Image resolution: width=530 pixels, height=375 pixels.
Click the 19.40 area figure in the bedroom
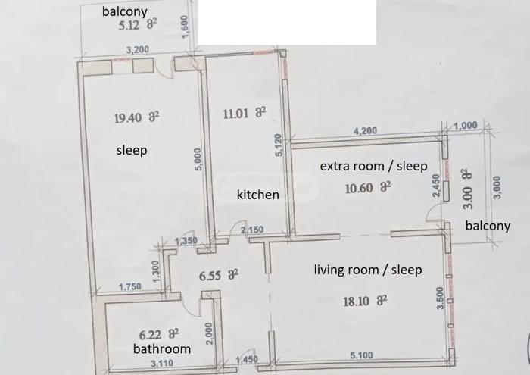(128, 118)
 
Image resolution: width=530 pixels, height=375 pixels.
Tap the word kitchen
(258, 195)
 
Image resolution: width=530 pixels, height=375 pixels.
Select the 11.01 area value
(235, 114)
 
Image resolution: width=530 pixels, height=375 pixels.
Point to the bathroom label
(162, 348)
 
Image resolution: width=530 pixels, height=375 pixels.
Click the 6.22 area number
(151, 335)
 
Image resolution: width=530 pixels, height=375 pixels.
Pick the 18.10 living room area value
(357, 301)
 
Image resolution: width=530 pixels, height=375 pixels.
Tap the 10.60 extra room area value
(359, 188)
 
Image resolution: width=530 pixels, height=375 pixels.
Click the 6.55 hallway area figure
(210, 276)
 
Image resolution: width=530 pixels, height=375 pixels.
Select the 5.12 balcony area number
(129, 25)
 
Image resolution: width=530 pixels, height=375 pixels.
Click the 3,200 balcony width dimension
(138, 50)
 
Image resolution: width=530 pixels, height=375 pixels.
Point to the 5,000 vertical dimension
(198, 159)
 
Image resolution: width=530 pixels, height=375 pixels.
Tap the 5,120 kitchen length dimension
(278, 145)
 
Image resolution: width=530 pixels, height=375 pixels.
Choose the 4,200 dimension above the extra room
(365, 130)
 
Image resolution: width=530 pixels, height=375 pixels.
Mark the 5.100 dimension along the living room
(361, 355)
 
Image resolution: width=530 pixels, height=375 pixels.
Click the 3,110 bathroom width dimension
(162, 364)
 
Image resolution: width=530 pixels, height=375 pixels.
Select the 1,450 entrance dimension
(247, 359)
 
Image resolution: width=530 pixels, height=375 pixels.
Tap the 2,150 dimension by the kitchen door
(252, 230)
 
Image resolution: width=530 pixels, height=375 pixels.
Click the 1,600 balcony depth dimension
(185, 27)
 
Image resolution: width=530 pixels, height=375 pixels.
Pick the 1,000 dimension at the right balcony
(466, 126)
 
